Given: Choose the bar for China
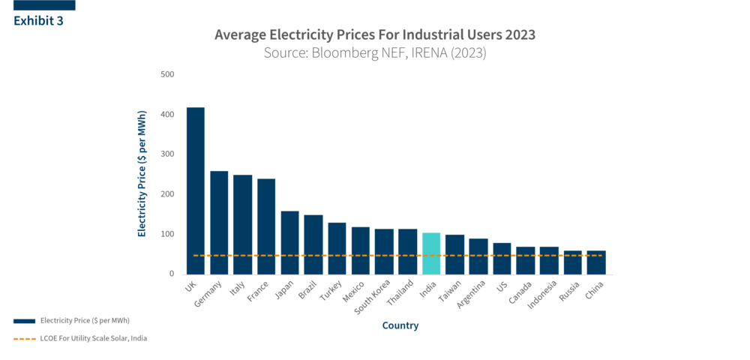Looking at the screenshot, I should [x=596, y=262].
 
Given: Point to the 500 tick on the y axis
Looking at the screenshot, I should [x=166, y=74].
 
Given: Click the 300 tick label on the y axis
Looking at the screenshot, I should [x=166, y=154].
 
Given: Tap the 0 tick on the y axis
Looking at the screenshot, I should [x=171, y=274].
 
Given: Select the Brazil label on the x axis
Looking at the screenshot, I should [x=307, y=290].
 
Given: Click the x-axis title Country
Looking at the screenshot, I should [x=400, y=325].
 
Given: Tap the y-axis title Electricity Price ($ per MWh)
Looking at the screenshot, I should [x=142, y=174].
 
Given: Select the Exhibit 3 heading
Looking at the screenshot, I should [x=38, y=21].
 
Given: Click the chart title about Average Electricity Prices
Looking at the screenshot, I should [x=375, y=35].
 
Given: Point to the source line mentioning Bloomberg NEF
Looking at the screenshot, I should [x=375, y=53].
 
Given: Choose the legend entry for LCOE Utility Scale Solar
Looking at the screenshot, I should [x=94, y=338].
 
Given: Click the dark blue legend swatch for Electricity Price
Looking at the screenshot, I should [x=24, y=320].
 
